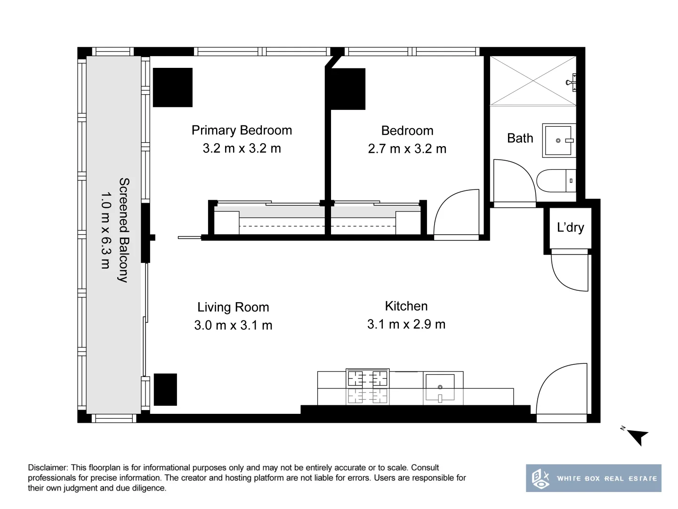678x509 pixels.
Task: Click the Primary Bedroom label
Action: [242, 130]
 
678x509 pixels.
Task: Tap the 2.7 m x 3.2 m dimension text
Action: [407, 148]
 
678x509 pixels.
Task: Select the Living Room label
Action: [233, 307]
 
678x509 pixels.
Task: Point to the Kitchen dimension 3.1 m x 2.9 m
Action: [406, 324]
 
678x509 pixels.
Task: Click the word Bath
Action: [520, 138]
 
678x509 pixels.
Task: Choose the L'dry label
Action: [570, 228]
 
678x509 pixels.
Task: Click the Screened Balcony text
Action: [124, 230]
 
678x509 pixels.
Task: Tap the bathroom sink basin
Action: [558, 140]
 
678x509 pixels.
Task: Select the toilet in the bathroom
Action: [556, 181]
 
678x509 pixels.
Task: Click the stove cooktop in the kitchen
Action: [367, 378]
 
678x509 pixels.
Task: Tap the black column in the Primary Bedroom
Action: [172, 87]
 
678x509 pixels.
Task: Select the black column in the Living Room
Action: [165, 389]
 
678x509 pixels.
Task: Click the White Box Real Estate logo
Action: [593, 478]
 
